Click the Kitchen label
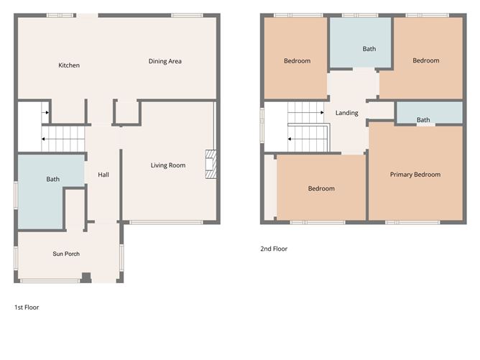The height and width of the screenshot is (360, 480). [x=69, y=65]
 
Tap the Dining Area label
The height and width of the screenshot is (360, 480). [x=165, y=61]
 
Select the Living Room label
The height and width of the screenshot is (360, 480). [x=167, y=165]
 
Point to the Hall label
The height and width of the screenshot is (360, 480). [x=103, y=174]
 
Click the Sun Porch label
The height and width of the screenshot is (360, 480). [x=66, y=254]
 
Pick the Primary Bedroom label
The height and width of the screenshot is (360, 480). [x=415, y=175]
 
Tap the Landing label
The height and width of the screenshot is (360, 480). [x=346, y=113]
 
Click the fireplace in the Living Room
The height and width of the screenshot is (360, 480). [x=211, y=164]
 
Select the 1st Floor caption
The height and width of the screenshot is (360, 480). [x=27, y=307]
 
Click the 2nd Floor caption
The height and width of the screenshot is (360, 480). [x=274, y=249]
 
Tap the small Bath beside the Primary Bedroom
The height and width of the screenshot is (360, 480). [x=423, y=120]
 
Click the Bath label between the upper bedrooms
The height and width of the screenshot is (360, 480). [x=369, y=49]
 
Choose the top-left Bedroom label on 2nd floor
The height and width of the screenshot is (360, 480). [x=297, y=61]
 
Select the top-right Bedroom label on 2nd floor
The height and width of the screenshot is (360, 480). [x=425, y=60]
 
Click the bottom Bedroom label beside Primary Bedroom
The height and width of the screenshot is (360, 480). [x=321, y=188]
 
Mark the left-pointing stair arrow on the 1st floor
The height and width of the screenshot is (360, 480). [x=45, y=139]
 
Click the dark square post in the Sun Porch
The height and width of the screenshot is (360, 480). [x=86, y=277]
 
